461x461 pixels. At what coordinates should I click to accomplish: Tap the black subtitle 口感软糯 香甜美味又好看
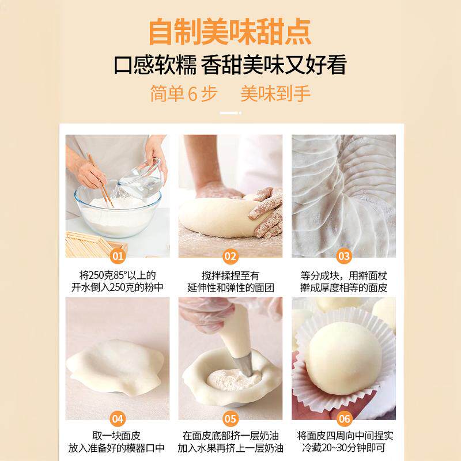(231, 65)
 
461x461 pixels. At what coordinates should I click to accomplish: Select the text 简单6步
(183, 94)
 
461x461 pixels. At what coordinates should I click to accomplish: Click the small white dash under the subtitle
(230, 114)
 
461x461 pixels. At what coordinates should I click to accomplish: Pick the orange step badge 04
(118, 420)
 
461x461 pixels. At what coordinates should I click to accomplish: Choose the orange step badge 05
(231, 420)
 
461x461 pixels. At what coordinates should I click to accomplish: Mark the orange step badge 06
(344, 420)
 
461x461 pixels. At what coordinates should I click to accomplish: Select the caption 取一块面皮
(117, 436)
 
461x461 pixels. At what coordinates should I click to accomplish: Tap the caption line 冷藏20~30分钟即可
(344, 449)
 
